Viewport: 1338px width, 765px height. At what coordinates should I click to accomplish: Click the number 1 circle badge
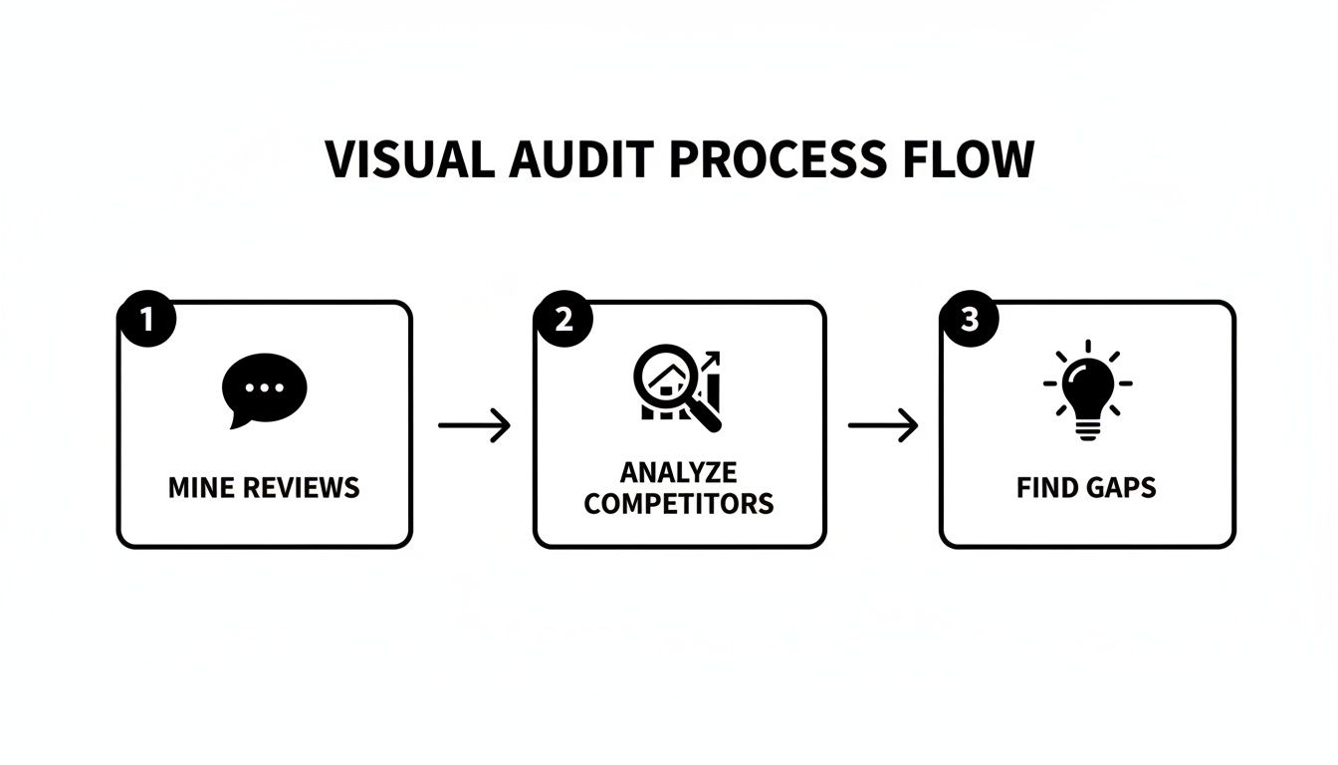pos(146,320)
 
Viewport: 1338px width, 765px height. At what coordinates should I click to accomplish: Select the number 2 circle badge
pos(563,320)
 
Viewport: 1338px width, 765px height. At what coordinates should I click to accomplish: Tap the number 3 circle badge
pos(969,320)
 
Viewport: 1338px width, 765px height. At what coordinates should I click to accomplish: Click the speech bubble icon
pos(264,389)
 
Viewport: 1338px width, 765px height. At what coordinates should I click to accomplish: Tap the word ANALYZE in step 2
pos(679,471)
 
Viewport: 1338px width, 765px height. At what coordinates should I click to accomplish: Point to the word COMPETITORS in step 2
pos(679,503)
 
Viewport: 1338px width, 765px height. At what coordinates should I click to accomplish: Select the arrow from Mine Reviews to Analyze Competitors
pos(474,426)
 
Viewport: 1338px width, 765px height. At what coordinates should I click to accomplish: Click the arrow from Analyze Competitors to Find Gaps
pos(882,426)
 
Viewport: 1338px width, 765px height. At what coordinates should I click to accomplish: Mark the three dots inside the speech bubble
pos(264,386)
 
